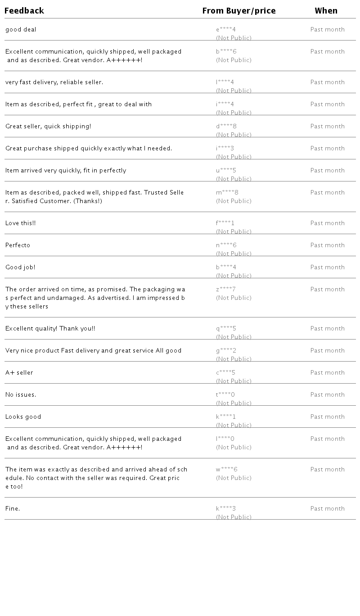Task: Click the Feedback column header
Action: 24,11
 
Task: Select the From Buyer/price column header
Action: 239,11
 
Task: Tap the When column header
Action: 326,11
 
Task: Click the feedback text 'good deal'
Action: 21,30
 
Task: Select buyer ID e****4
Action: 226,30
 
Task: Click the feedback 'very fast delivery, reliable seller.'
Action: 54,82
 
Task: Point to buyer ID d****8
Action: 226,127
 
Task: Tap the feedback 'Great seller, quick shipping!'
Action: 48,127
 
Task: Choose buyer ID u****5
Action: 226,171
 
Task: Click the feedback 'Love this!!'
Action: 20,223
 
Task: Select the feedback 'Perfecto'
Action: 18,245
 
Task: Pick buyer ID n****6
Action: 226,245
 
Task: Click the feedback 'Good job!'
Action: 20,267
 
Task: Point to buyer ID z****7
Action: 226,290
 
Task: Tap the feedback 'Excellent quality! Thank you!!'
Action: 50,329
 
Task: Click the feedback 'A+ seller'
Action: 19,373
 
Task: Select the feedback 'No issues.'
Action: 21,395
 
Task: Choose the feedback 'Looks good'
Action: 23,417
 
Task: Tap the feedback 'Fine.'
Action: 13,509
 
